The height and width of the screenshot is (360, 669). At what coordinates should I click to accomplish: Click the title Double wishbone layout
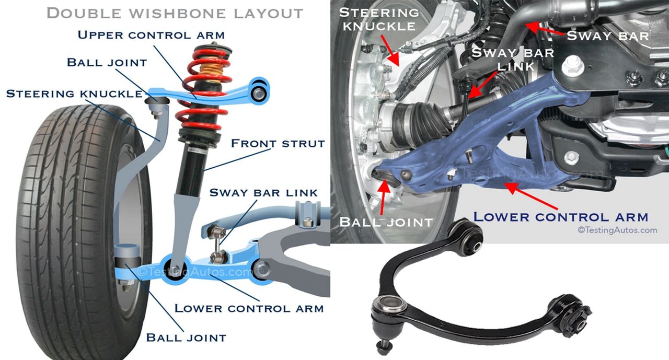(x=175, y=13)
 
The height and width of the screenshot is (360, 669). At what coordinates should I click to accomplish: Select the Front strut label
(x=278, y=143)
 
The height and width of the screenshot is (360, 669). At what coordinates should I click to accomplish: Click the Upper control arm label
(x=151, y=36)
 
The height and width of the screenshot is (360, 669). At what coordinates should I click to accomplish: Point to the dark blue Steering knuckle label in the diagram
(x=74, y=94)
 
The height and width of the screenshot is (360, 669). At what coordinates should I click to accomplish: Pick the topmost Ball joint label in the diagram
(x=107, y=63)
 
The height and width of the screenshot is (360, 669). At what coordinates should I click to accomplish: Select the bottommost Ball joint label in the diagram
(x=186, y=337)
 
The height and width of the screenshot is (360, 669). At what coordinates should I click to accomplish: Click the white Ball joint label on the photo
(x=386, y=221)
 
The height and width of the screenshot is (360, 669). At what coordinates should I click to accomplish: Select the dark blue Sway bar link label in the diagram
(x=263, y=193)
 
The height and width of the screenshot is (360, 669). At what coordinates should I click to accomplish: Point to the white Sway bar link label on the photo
(x=513, y=59)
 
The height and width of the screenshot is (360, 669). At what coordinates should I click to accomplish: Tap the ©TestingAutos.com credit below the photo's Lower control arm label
(x=617, y=230)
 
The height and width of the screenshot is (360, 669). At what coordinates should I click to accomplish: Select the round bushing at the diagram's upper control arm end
(x=260, y=93)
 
